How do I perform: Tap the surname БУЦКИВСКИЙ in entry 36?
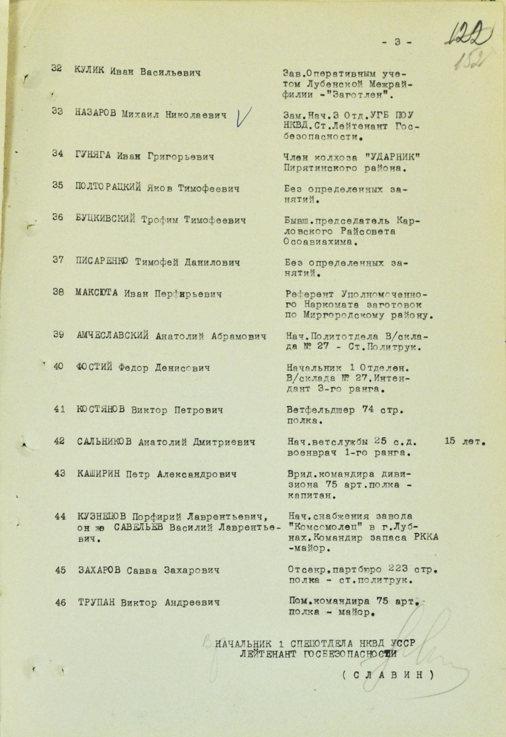[x=106, y=219]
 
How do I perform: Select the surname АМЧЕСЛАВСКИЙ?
[x=113, y=335]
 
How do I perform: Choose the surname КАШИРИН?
[x=99, y=474]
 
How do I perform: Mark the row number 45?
[x=60, y=570]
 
